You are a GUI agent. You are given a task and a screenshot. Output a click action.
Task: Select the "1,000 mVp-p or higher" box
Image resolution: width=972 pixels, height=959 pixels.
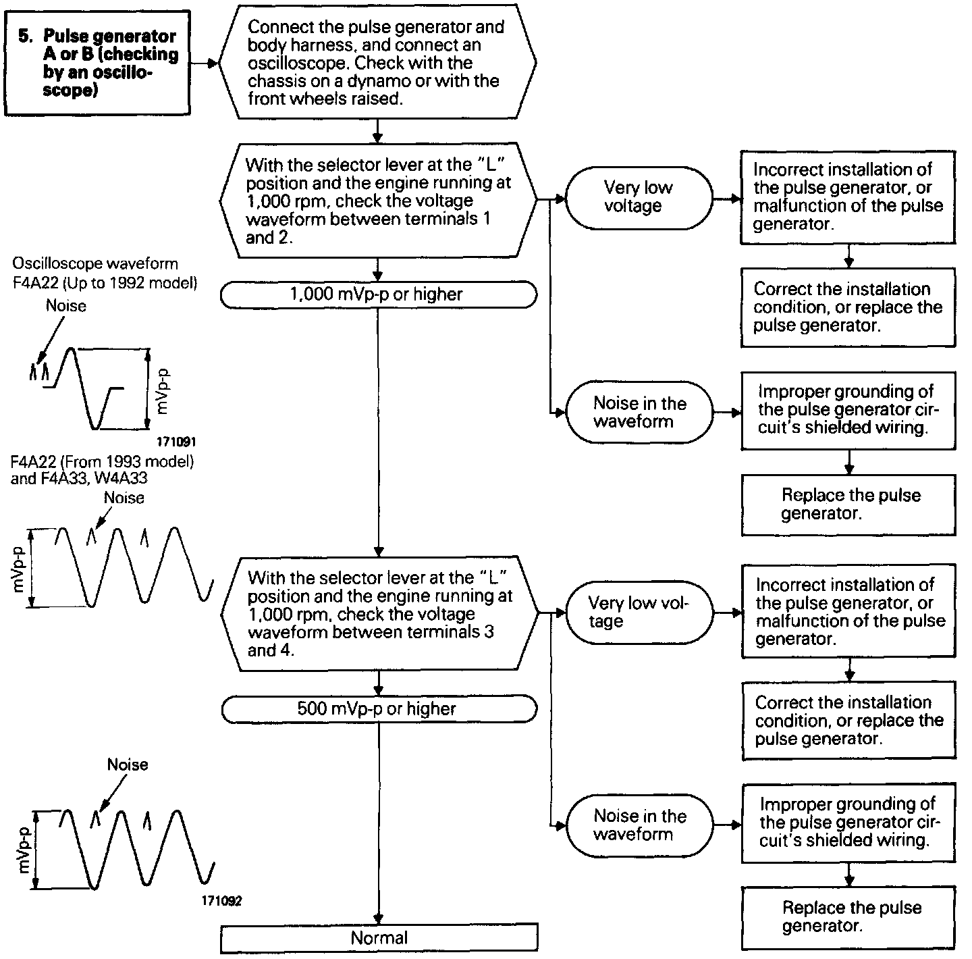(378, 294)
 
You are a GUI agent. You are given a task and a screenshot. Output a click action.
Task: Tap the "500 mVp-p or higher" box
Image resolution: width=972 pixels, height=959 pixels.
(378, 708)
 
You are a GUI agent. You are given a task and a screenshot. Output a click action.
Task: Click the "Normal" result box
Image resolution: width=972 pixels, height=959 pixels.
(379, 938)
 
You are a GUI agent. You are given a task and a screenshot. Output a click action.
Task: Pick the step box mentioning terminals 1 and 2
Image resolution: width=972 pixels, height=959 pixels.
(378, 201)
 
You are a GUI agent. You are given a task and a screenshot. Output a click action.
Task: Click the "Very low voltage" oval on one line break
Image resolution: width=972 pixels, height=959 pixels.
(638, 197)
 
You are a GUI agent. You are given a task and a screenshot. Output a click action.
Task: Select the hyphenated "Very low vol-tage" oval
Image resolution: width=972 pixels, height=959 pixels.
(638, 612)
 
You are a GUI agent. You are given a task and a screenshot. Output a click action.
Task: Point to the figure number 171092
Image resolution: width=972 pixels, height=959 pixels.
(221, 901)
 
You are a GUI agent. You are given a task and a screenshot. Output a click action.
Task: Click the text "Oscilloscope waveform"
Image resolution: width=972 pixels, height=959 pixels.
(95, 264)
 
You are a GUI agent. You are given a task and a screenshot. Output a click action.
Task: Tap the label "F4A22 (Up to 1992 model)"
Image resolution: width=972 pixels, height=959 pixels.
(105, 282)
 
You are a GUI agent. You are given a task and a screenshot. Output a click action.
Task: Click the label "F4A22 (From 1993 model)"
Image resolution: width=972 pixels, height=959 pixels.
(103, 462)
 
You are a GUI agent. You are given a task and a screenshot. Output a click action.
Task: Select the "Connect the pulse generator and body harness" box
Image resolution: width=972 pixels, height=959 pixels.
(378, 62)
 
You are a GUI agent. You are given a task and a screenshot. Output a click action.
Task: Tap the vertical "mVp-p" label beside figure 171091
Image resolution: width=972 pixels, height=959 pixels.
(163, 391)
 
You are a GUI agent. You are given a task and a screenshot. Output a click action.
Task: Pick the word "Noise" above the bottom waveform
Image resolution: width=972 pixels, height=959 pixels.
(128, 764)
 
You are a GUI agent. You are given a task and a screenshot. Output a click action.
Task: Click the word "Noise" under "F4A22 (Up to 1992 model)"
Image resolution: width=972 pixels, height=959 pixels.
(66, 306)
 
